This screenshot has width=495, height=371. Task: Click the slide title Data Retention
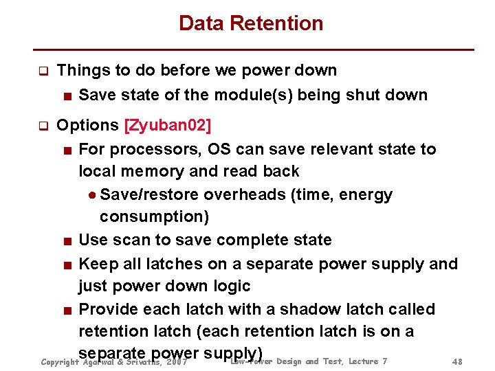tap(250, 23)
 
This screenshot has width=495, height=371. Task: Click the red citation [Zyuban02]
tap(167, 126)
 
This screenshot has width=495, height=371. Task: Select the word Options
tap(87, 126)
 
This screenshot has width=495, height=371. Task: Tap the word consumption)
tap(154, 217)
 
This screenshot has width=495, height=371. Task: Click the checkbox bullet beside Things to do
tap(43, 71)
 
